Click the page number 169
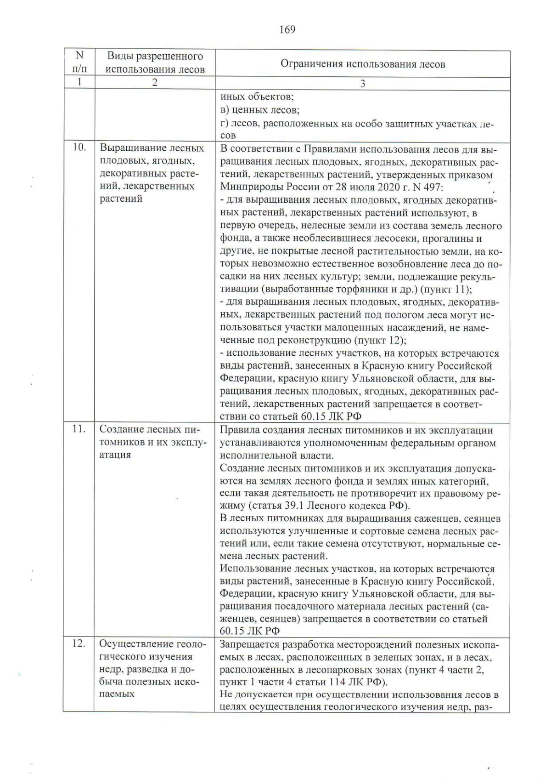click(x=287, y=30)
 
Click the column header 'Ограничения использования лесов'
click(x=363, y=64)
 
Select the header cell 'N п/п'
click(x=79, y=63)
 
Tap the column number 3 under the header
click(x=363, y=84)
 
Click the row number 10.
click(x=79, y=148)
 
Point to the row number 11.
click(x=79, y=429)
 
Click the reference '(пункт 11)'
click(x=446, y=290)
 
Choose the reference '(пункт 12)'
click(x=380, y=341)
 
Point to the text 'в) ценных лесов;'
click(x=260, y=110)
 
